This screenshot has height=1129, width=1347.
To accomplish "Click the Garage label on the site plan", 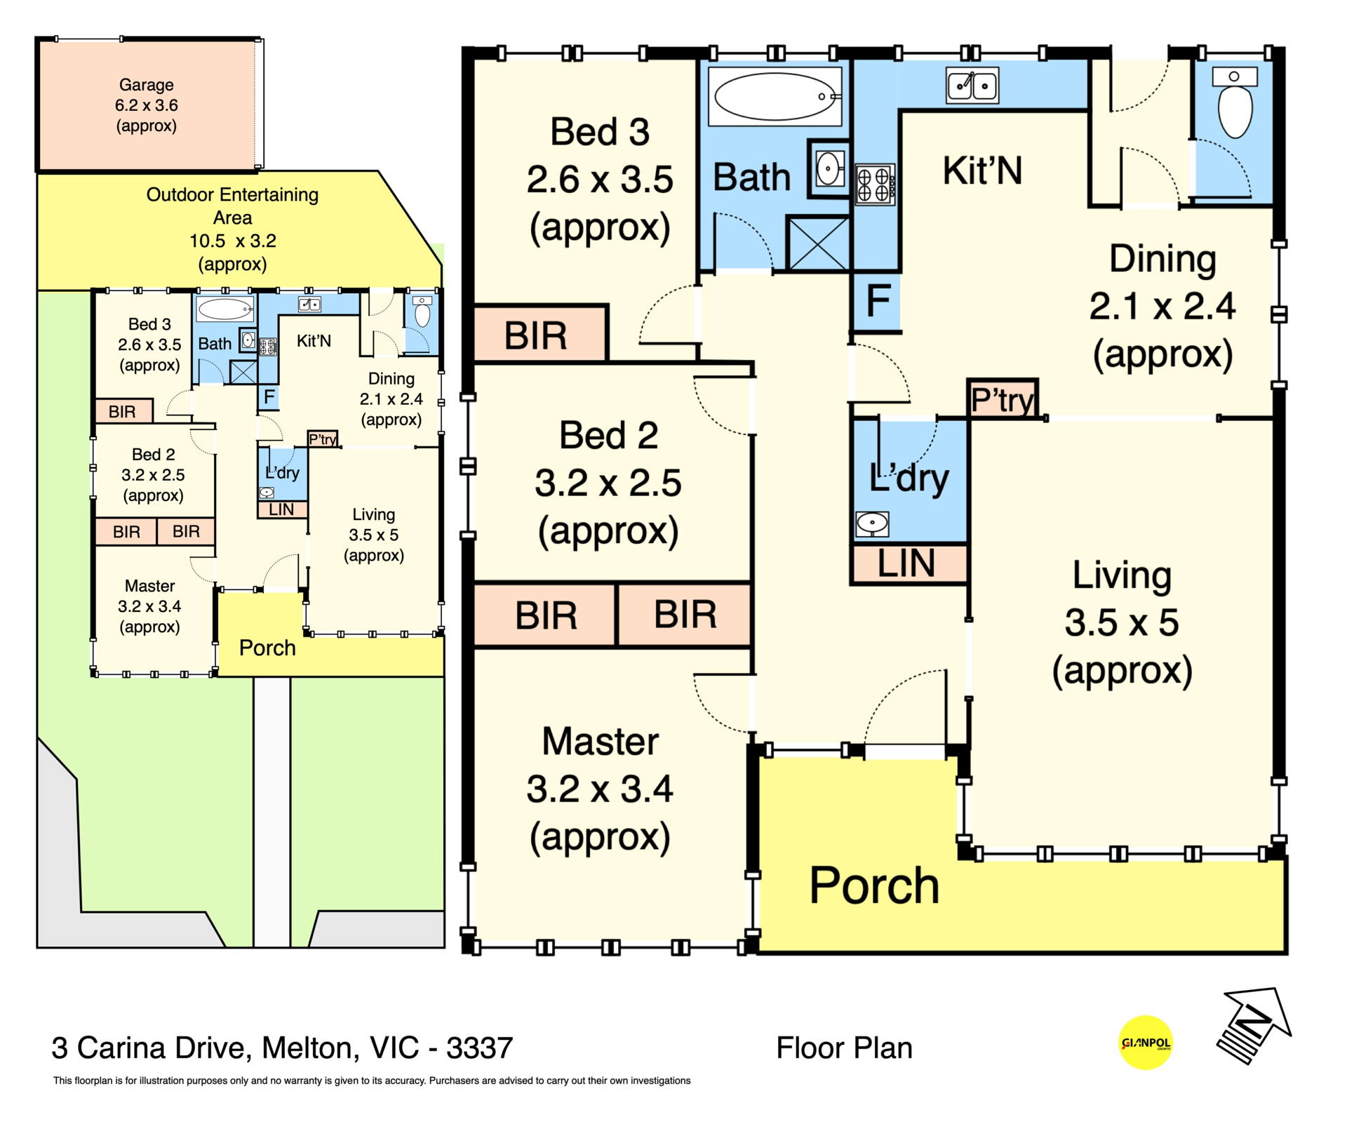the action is click(146, 85).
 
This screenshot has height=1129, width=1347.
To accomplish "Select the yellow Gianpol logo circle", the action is click(1146, 1043).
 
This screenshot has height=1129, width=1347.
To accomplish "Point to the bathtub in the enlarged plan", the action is click(775, 97).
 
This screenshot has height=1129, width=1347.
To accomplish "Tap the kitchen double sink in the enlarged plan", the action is click(972, 86).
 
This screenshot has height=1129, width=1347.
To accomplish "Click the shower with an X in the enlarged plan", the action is click(818, 243).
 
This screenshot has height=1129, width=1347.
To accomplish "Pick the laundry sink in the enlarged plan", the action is click(872, 523).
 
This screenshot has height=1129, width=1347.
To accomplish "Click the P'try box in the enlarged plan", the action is click(1002, 399).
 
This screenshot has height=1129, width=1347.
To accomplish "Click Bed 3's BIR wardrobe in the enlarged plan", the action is click(540, 335).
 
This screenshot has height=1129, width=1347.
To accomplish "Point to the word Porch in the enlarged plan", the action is click(874, 886).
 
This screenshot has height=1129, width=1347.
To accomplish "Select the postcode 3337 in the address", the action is click(480, 1048).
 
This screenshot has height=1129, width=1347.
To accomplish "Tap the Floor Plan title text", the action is click(844, 1048).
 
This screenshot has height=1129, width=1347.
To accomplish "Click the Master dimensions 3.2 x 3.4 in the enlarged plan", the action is click(600, 789).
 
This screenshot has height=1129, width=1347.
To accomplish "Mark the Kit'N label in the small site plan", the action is click(314, 341).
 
